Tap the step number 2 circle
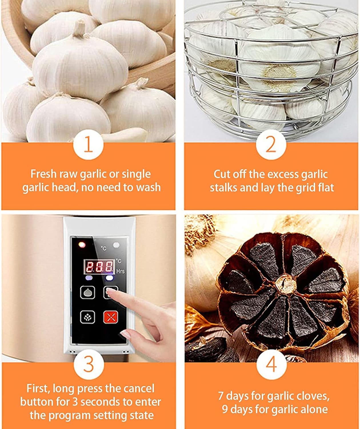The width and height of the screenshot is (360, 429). [x=271, y=144]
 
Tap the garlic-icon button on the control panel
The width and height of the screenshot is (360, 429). [x=87, y=292]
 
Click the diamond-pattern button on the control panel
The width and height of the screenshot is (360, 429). [x=87, y=317]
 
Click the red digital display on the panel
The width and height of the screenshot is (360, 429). [x=99, y=267]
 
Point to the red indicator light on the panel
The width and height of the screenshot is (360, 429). [x=82, y=245]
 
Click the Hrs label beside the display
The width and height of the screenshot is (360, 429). [x=120, y=271]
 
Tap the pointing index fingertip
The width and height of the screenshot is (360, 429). [x=109, y=290]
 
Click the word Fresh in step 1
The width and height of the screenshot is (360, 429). [x=43, y=174]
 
